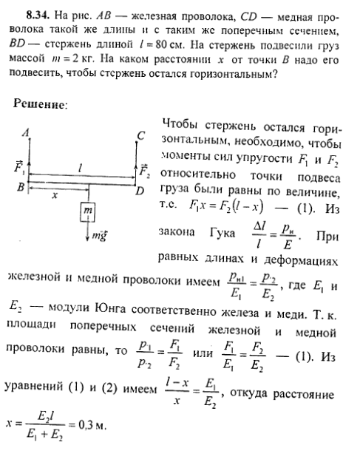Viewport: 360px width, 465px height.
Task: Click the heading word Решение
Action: (x=40, y=106)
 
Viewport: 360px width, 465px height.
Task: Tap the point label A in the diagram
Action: (x=26, y=134)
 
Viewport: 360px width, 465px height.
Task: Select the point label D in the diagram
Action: (x=143, y=192)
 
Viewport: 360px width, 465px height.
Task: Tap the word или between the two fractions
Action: (x=201, y=356)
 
